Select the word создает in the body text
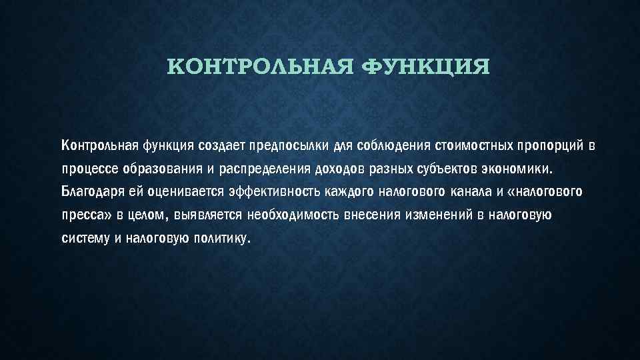[x=220, y=145]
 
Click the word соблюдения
[x=392, y=145]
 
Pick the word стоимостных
[x=471, y=145]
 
